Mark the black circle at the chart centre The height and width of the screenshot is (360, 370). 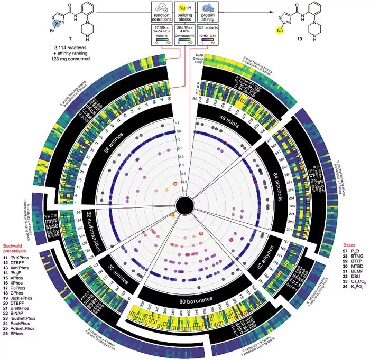tap(185, 205)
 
